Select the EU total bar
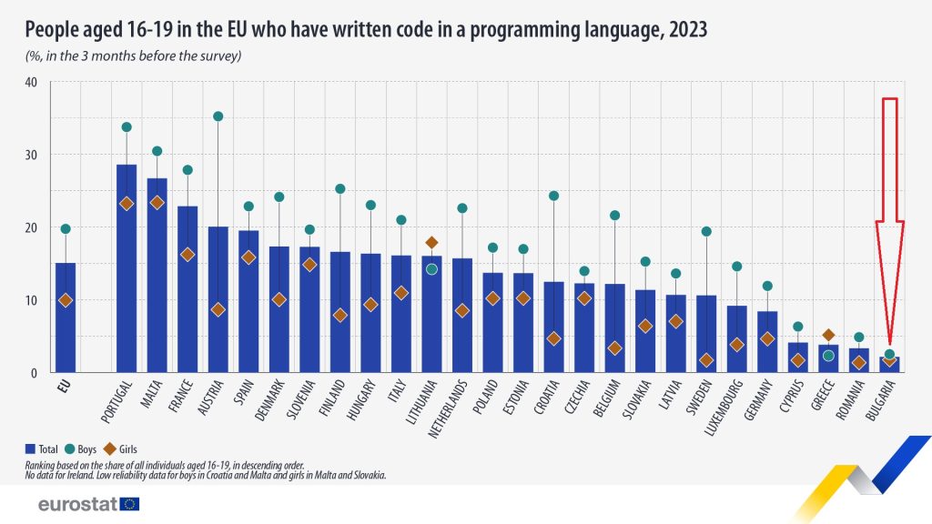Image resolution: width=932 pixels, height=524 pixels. [x=66, y=317]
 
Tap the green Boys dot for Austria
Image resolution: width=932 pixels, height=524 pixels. [x=218, y=116]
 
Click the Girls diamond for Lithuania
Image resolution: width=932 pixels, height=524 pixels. [x=431, y=243]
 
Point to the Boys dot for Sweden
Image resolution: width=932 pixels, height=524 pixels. [x=706, y=231]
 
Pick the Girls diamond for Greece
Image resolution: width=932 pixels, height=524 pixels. [x=828, y=336]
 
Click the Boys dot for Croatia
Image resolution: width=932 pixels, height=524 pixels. [x=553, y=196]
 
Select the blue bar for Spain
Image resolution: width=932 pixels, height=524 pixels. [x=248, y=301]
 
